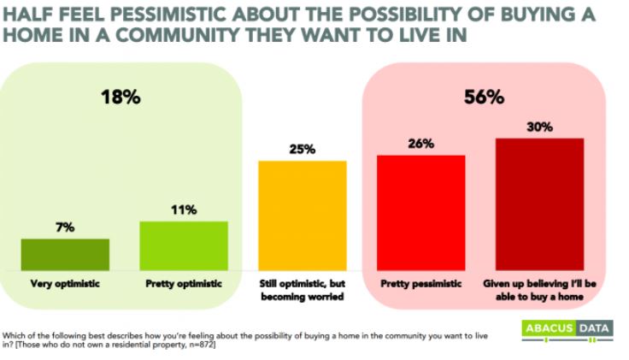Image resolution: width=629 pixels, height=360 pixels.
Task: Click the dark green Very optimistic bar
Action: click(x=65, y=254)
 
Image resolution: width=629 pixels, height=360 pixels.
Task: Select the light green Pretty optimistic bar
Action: click(x=184, y=245)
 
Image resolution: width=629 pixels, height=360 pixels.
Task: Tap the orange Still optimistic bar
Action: click(x=303, y=215)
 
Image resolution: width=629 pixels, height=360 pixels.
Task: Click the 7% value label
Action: click(x=66, y=227)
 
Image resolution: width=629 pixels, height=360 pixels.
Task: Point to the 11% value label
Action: click(x=184, y=210)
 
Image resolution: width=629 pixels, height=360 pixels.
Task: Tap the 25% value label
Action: click(x=303, y=149)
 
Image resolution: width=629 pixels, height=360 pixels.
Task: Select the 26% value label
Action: click(x=421, y=144)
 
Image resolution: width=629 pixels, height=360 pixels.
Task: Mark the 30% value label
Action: click(x=539, y=127)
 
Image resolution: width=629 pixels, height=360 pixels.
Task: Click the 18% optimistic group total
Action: click(x=122, y=97)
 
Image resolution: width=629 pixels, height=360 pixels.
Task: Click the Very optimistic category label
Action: click(x=65, y=283)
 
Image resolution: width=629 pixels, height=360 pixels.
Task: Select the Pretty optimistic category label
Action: click(x=184, y=283)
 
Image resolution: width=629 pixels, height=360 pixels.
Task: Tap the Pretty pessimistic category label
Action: click(x=421, y=283)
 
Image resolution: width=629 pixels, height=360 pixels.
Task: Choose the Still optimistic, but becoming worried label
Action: click(x=303, y=288)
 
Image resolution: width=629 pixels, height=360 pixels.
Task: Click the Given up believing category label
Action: click(x=539, y=288)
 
